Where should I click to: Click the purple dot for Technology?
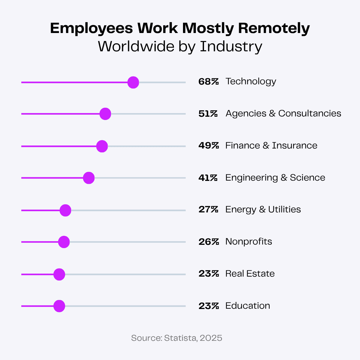click(133, 82)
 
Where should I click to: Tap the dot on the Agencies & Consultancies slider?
click(105, 114)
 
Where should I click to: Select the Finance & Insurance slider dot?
click(102, 146)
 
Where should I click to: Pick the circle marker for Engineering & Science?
click(89, 178)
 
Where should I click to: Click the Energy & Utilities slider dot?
click(65, 210)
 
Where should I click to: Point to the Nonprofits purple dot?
click(64, 242)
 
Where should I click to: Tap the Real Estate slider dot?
click(59, 274)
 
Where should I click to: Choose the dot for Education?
click(59, 306)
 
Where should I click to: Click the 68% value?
click(208, 82)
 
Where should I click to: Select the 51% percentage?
click(208, 114)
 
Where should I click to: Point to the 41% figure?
click(208, 178)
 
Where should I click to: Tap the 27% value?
click(208, 210)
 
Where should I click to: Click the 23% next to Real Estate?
click(208, 274)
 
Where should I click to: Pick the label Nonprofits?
click(249, 241)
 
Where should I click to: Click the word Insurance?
click(295, 145)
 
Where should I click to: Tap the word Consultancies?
click(310, 113)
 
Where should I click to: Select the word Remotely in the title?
click(274, 28)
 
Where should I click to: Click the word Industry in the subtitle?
click(231, 46)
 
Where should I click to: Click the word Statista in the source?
click(181, 338)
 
